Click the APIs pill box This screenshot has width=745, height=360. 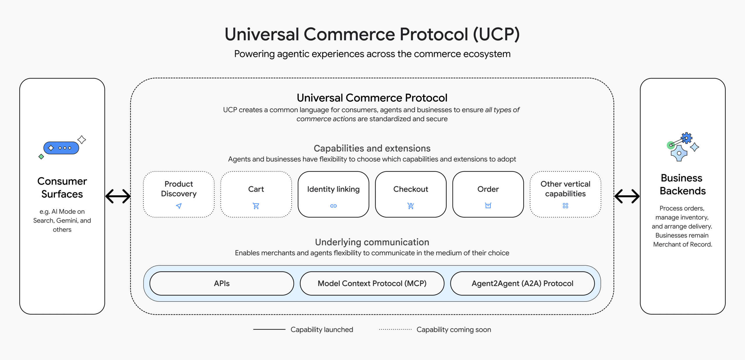222,283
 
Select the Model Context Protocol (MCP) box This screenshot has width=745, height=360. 372,283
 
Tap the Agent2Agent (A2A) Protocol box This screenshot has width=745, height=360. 522,283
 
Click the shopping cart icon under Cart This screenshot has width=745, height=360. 256,206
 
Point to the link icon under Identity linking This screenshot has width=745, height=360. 334,206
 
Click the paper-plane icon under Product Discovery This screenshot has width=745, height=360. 179,206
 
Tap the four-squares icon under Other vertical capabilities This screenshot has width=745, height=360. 565,206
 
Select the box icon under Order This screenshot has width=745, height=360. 488,206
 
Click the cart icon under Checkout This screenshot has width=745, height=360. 411,206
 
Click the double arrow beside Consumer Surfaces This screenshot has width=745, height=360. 118,196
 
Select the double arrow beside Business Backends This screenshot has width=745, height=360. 627,196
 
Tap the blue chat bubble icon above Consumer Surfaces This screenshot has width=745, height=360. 61,148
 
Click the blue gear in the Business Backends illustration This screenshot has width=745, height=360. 687,138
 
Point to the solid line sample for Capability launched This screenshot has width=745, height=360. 269,329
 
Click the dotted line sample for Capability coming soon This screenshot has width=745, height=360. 395,329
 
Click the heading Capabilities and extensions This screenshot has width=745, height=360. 372,148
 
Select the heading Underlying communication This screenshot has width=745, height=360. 372,242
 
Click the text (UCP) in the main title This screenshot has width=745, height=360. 496,34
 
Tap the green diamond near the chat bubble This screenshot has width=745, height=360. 41,157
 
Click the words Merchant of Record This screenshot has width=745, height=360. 682,244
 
